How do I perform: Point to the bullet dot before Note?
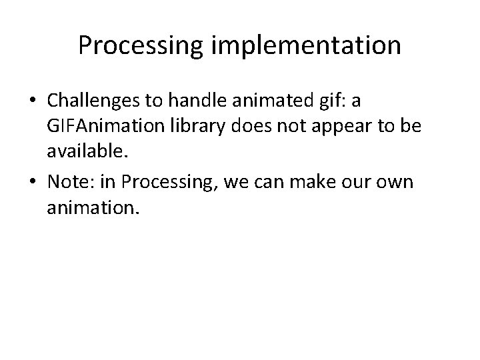tap(33, 183)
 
